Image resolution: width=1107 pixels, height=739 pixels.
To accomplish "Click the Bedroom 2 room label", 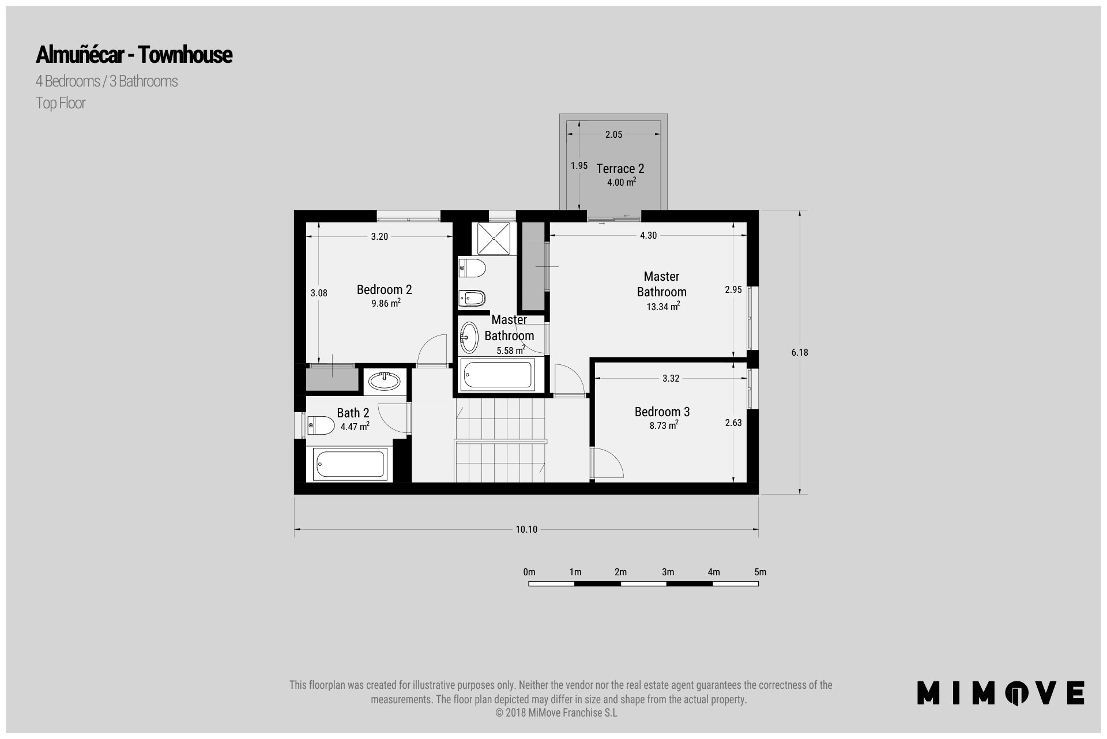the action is pyautogui.click(x=384, y=289).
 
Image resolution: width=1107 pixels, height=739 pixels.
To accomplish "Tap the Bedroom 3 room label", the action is pyautogui.click(x=662, y=412).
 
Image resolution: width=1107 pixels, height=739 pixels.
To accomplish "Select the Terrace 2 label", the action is pyautogui.click(x=620, y=168).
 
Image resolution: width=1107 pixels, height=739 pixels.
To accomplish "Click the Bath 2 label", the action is pyautogui.click(x=353, y=413).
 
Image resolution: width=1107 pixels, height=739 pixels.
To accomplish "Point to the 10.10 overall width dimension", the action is pyautogui.click(x=526, y=529).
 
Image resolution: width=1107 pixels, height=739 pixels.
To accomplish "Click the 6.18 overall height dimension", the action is pyautogui.click(x=800, y=352).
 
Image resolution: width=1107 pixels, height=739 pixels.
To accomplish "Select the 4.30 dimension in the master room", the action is pyautogui.click(x=648, y=235).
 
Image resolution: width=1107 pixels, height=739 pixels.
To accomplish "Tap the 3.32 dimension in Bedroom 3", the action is pyautogui.click(x=671, y=379).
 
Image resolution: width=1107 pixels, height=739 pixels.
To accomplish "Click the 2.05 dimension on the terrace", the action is pyautogui.click(x=613, y=134).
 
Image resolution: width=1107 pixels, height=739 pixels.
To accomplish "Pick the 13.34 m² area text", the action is pyautogui.click(x=662, y=307).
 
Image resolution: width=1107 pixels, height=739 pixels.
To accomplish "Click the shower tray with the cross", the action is pyautogui.click(x=494, y=239).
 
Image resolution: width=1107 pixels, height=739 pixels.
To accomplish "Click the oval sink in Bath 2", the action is pyautogui.click(x=385, y=381).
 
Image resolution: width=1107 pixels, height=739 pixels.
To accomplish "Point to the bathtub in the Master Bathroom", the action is pyautogui.click(x=498, y=375).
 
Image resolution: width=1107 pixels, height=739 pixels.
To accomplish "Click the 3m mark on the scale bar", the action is pyautogui.click(x=668, y=572).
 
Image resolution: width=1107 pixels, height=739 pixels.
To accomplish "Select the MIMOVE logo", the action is pyautogui.click(x=1001, y=692).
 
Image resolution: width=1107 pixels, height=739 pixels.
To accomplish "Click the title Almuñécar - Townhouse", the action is pyautogui.click(x=134, y=55).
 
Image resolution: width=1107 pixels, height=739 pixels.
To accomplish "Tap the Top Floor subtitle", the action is pyautogui.click(x=61, y=103).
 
